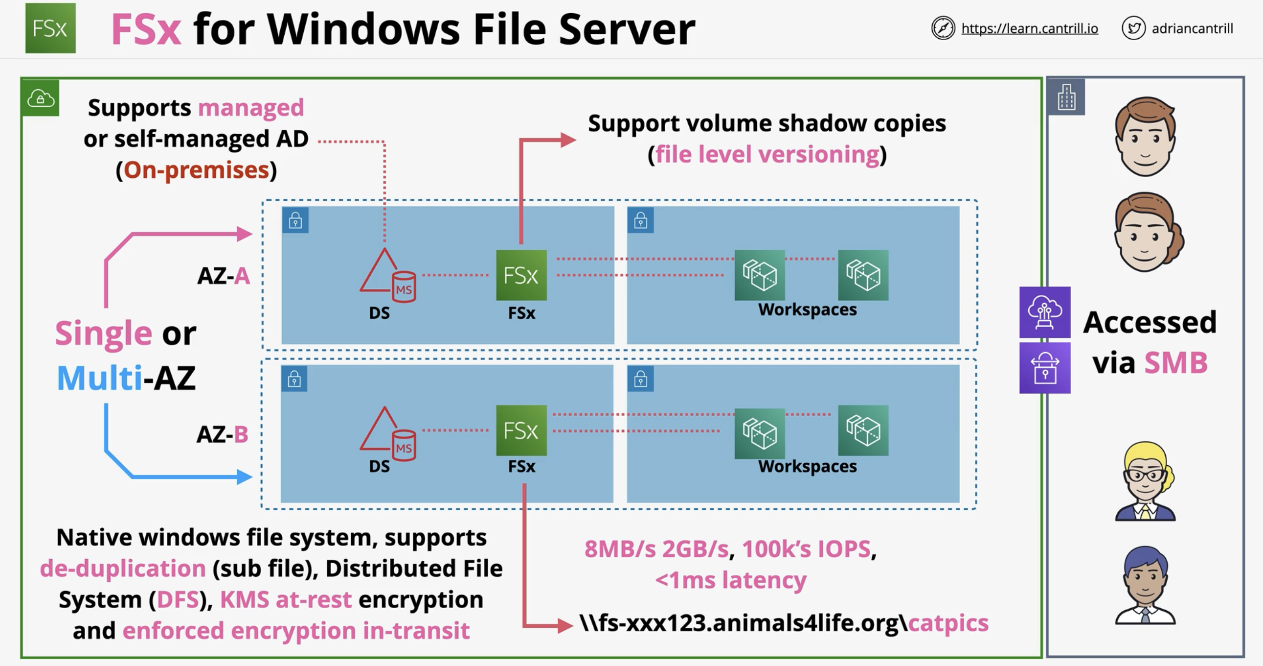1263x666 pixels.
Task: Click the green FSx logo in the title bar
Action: pos(50,28)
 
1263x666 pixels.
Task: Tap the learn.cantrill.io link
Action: pos(1030,28)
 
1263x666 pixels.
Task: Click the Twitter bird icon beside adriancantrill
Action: pos(1133,28)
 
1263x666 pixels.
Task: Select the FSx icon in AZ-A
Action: pos(521,275)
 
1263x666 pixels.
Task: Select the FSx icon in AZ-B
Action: pos(521,430)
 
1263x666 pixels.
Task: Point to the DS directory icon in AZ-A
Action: pos(388,275)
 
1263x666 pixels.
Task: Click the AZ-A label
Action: pos(224,276)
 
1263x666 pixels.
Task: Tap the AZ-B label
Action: pos(223,434)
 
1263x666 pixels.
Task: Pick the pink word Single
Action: pos(103,333)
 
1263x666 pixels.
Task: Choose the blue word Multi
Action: pos(99,378)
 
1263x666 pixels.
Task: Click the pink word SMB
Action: pos(1176,363)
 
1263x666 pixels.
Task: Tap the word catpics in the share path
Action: pos(948,623)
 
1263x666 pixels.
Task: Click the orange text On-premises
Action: pos(196,170)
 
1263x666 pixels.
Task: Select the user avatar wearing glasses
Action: pos(1145,481)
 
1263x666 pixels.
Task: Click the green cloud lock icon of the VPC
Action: pos(41,98)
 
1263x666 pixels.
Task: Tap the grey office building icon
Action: pos(1066,96)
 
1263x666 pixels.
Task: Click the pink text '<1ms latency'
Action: pos(730,580)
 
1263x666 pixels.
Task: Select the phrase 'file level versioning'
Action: pos(767,154)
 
